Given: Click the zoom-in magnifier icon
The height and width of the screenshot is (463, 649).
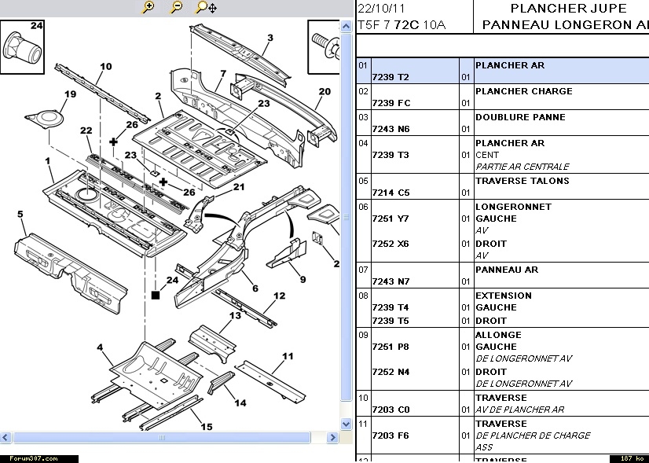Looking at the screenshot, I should point(148,8).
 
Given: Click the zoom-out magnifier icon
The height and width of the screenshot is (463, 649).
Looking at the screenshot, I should point(176,8).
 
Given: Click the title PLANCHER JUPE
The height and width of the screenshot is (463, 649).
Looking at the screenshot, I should point(569,9).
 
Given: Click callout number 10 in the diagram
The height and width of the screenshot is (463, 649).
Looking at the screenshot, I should point(105,67).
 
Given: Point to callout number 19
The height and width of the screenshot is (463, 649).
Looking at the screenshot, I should point(70,95).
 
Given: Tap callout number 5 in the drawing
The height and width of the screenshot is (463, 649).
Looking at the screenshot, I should point(20,214).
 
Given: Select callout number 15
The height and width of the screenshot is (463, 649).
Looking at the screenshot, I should point(206,427).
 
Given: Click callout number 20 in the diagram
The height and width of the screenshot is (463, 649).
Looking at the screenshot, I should point(324,92).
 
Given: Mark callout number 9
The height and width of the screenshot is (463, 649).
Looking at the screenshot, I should point(302,279).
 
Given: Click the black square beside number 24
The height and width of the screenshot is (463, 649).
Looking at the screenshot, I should point(156,295).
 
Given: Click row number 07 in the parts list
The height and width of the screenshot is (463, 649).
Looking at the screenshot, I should point(363,270).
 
